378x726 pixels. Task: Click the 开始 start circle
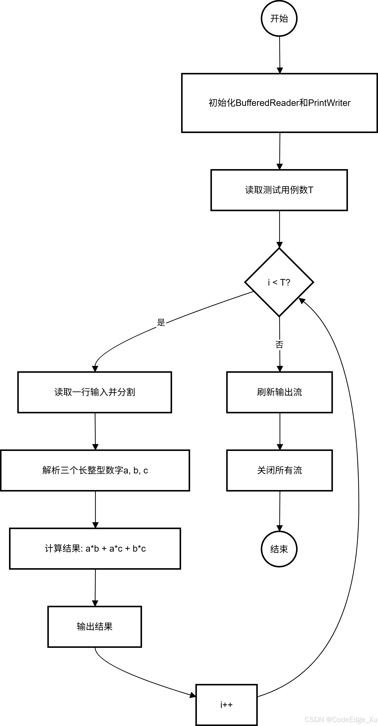[279, 19]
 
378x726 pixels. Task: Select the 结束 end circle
[279, 549]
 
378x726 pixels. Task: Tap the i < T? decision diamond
[279, 282]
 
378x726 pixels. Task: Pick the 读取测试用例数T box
[279, 190]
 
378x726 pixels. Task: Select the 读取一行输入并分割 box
[95, 392]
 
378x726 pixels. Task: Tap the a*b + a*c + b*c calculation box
[95, 548]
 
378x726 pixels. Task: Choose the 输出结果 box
[95, 626]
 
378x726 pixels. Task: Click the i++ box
[227, 705]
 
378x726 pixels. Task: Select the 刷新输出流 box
[279, 392]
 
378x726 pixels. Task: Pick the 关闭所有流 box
[279, 470]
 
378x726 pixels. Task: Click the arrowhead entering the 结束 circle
[279, 528]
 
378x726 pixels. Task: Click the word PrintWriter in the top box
[329, 103]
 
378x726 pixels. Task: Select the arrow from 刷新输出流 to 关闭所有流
[280, 431]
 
